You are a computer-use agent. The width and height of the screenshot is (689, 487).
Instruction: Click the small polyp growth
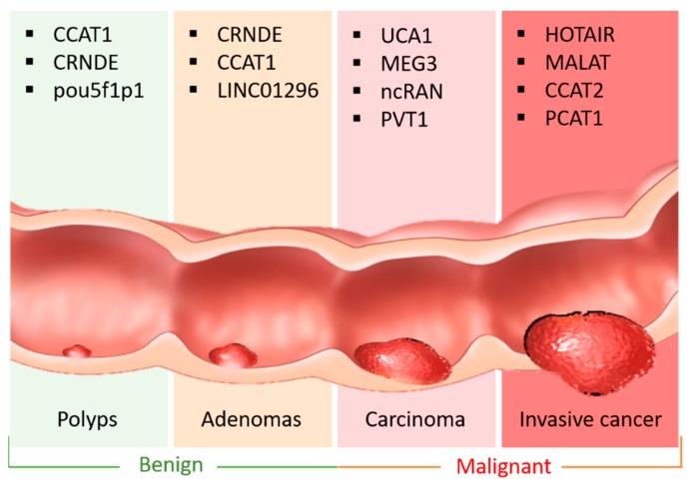[75, 351]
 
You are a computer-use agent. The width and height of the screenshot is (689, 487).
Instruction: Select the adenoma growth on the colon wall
[233, 354]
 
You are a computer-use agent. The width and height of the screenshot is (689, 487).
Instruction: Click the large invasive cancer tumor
[590, 350]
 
